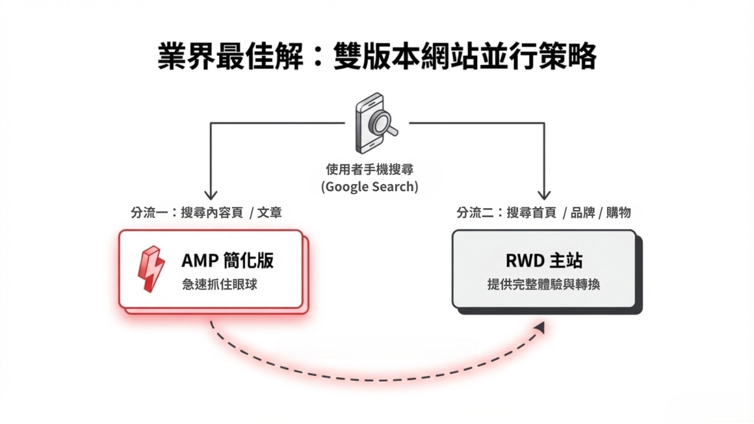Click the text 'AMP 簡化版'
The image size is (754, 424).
click(227, 260)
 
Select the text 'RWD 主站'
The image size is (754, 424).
click(544, 260)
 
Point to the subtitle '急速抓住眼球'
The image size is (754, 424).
click(220, 284)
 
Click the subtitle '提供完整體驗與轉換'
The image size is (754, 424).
click(544, 284)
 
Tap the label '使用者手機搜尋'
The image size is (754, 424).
click(369, 169)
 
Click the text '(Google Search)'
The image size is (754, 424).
click(369, 187)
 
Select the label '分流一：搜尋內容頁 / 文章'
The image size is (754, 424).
click(206, 213)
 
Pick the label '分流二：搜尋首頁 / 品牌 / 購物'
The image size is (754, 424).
click(543, 213)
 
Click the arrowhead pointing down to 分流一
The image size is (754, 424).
click(210, 194)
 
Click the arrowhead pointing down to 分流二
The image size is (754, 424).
click(544, 194)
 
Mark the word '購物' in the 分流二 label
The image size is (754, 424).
click(618, 213)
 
